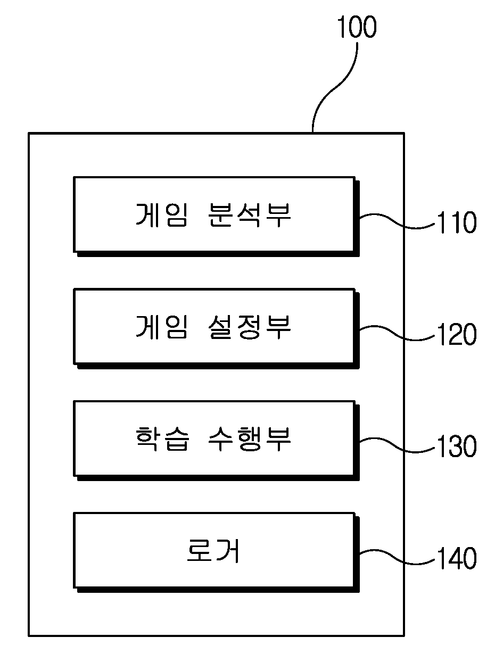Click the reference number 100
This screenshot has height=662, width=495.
(357, 27)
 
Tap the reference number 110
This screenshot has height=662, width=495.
(457, 222)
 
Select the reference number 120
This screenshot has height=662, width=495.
(457, 334)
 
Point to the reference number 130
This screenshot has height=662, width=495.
(457, 446)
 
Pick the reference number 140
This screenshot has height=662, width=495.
(457, 558)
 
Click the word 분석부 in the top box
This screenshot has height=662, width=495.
(250, 215)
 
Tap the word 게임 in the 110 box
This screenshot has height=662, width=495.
(161, 215)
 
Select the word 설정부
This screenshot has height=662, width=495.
(250, 327)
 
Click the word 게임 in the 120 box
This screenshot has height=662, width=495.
(161, 327)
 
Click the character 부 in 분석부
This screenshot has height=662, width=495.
(278, 215)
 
